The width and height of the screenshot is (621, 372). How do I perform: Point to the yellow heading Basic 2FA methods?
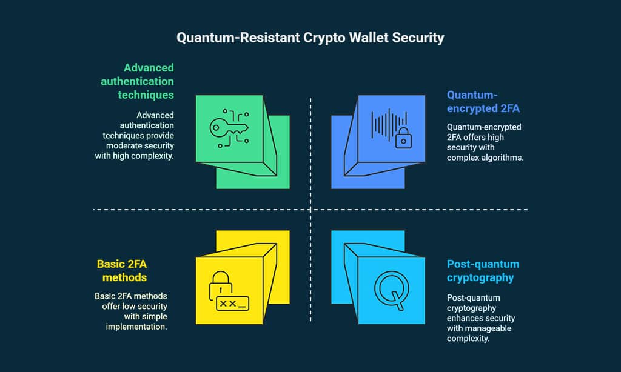(122, 270)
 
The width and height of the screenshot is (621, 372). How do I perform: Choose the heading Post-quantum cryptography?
(483, 271)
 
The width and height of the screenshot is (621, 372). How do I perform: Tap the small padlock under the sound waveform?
(403, 139)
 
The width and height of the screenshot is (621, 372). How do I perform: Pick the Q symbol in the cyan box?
(388, 288)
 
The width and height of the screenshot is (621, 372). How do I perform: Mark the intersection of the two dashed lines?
(310, 210)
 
